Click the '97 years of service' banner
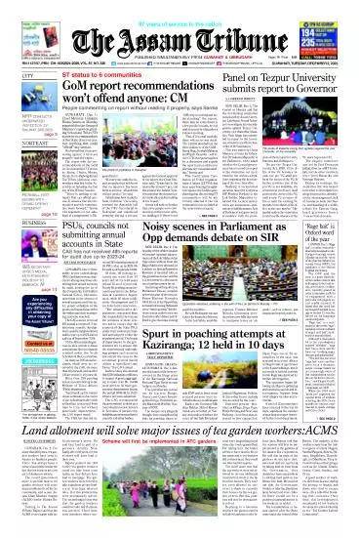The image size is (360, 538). [180, 6]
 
